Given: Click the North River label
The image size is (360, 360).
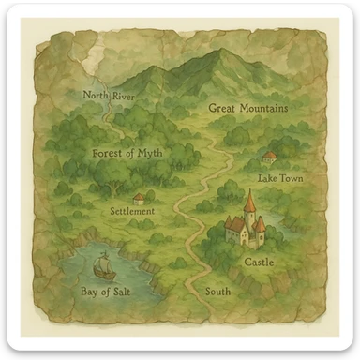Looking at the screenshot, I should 109,96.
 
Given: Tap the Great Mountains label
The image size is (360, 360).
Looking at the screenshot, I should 247,109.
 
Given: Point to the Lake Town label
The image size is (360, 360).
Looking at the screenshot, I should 279,178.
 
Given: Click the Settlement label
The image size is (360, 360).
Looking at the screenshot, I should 132,212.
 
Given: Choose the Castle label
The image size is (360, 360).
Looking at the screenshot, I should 259,262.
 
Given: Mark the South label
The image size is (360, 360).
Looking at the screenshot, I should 217,292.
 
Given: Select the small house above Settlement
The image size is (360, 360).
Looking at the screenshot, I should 140,198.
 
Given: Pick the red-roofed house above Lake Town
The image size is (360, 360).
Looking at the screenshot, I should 270,157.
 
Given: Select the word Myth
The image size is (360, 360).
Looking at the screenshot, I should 155,152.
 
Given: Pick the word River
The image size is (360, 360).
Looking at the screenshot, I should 123,96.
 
